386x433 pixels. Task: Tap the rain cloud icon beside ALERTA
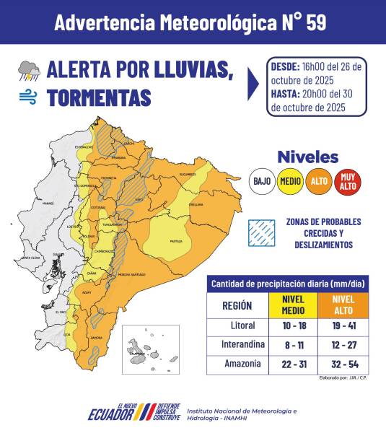pyautogui.click(x=29, y=70)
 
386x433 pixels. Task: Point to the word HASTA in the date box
pyautogui.click(x=286, y=94)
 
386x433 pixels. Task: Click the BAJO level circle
pyautogui.click(x=262, y=181)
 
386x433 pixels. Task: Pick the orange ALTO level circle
pyautogui.click(x=318, y=181)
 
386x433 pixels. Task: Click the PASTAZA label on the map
pyautogui.click(x=175, y=241)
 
